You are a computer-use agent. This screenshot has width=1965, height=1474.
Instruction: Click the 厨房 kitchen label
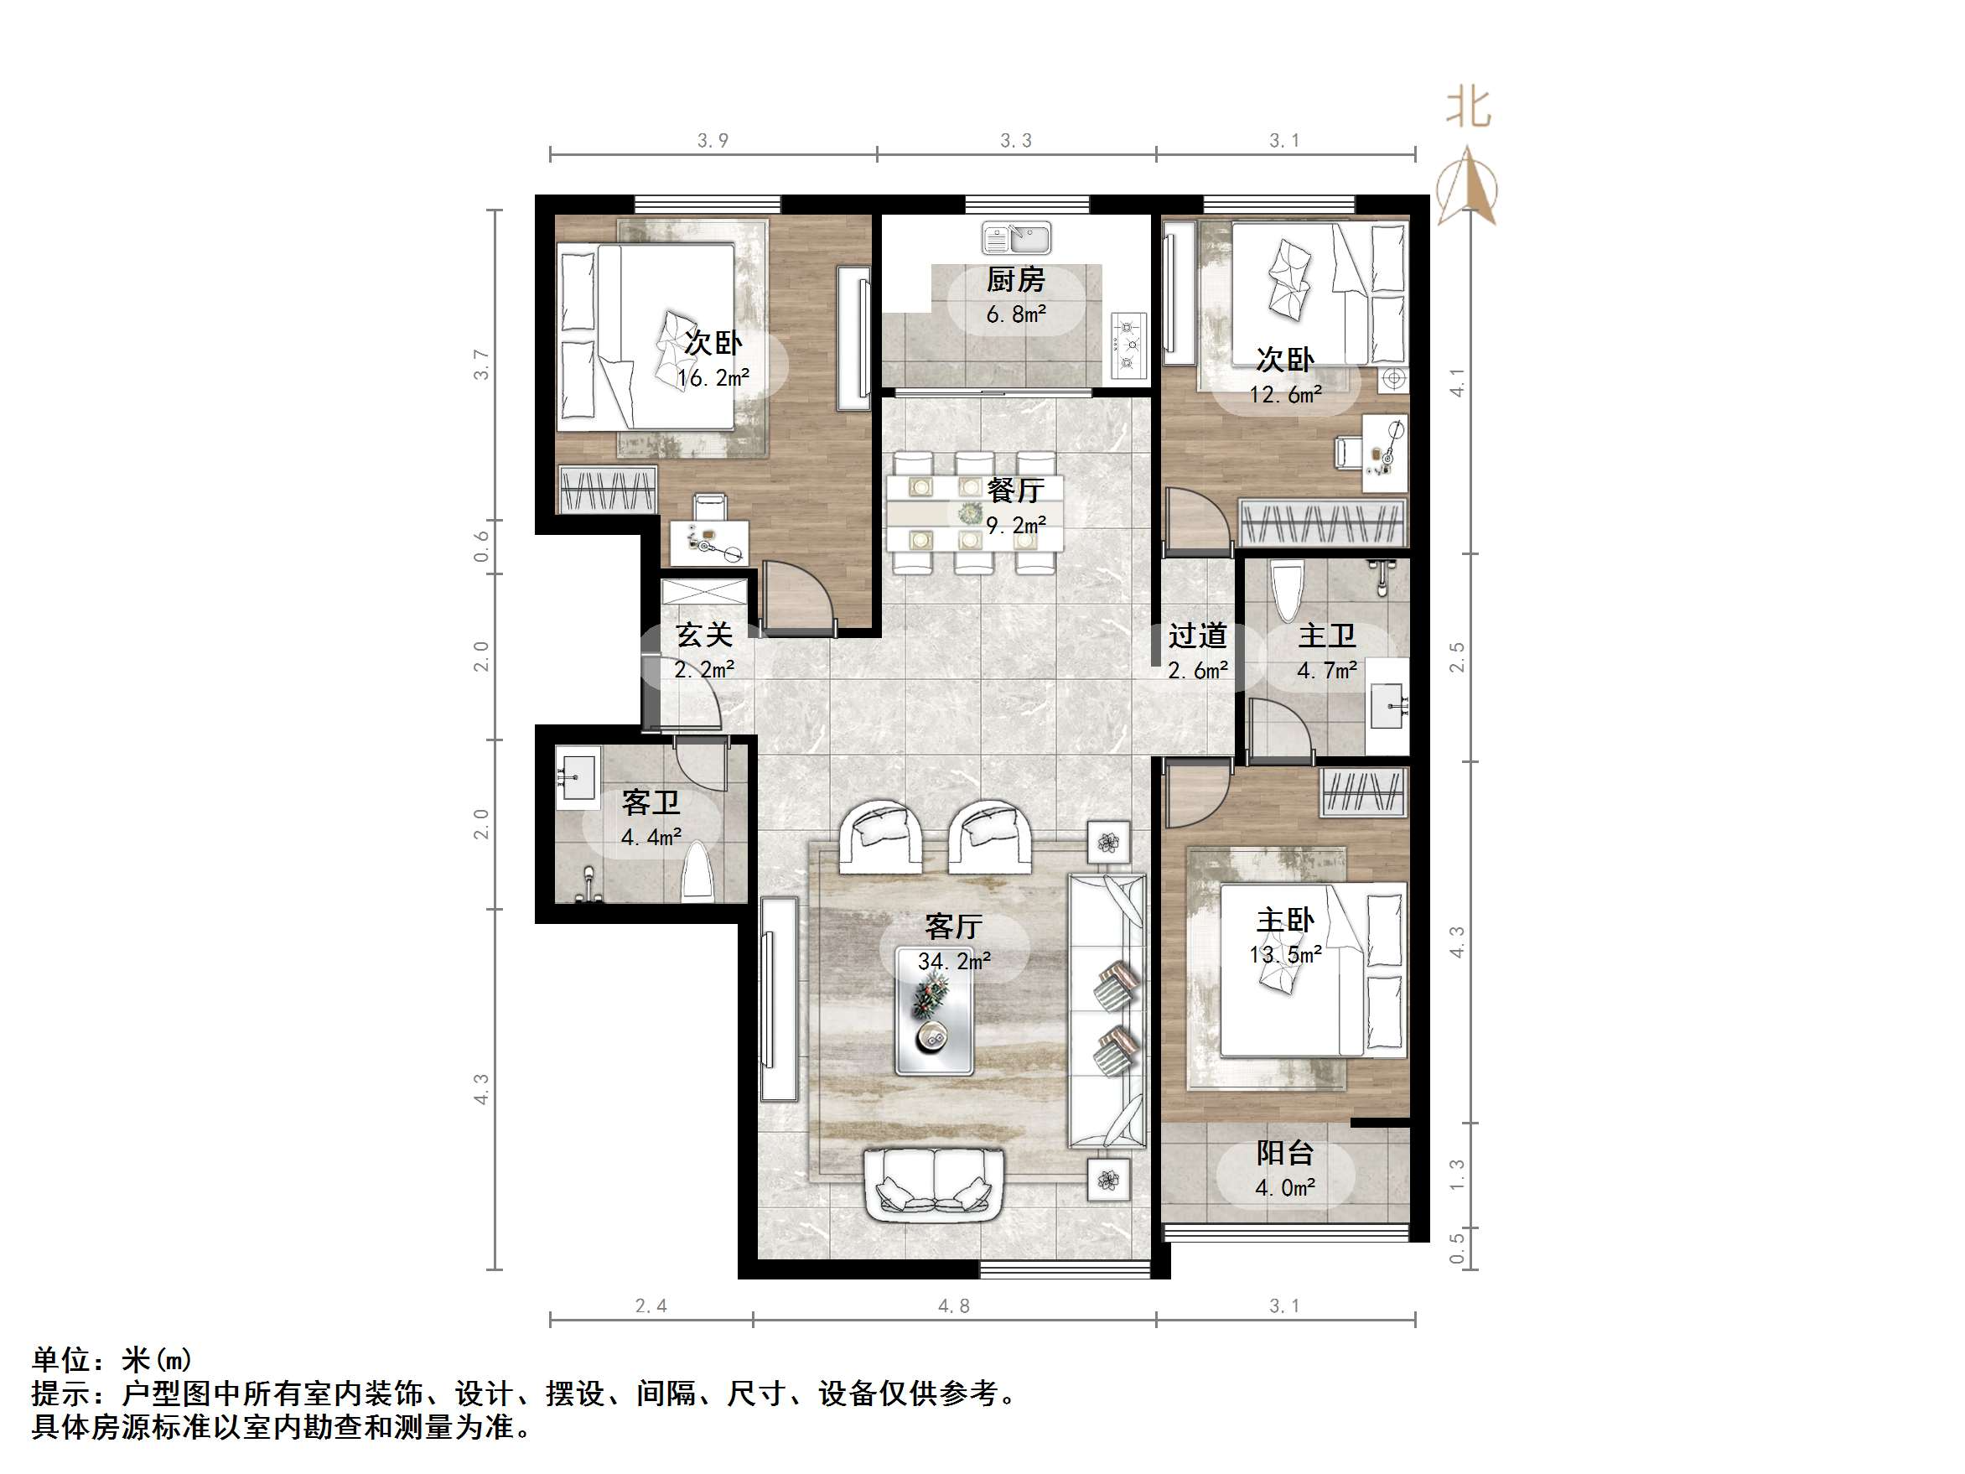(x=1015, y=280)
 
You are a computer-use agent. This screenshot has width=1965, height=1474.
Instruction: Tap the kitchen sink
(x=1016, y=238)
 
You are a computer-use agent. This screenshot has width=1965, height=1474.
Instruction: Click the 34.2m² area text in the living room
(x=954, y=962)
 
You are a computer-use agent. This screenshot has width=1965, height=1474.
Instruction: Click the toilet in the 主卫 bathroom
(x=1284, y=591)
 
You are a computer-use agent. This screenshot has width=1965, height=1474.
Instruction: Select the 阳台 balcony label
(x=1284, y=1153)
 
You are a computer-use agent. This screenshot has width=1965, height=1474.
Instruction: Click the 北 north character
(x=1468, y=108)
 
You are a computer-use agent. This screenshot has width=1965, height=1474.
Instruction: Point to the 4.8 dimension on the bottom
(x=953, y=1306)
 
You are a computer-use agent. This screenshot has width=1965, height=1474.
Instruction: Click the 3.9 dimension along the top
(x=713, y=140)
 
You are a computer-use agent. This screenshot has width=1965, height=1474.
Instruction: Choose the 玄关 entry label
(x=703, y=636)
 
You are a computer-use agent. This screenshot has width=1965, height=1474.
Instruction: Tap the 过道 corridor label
(x=1196, y=636)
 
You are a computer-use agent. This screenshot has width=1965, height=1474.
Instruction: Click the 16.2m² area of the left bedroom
(x=713, y=378)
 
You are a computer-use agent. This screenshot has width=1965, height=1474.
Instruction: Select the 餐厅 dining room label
(x=1015, y=490)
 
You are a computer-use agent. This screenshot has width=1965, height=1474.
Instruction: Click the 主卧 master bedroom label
(x=1284, y=920)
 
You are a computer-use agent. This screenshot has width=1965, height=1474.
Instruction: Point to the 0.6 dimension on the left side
(x=481, y=546)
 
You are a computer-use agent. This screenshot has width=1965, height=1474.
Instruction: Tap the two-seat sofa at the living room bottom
(x=934, y=1186)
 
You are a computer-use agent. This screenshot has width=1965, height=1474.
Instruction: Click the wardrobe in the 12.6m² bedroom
(x=1323, y=522)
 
